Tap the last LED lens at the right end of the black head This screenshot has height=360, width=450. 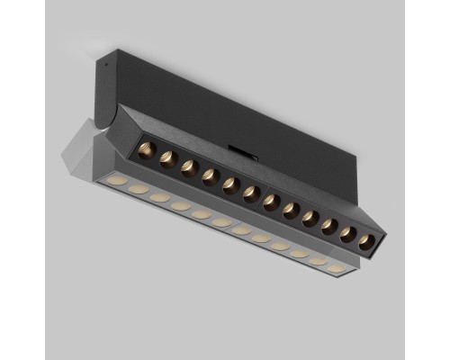coord(365,241)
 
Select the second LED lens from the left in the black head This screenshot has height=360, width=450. coord(166,158)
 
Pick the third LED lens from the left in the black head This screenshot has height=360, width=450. coord(187,166)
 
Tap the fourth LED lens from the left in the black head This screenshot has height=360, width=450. coord(208,175)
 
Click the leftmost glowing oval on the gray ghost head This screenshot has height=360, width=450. coord(117,183)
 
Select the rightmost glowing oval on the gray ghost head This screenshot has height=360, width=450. coord(337,268)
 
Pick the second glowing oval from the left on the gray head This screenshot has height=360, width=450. coord(138,190)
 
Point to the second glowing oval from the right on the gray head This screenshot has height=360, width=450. coord(317,261)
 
